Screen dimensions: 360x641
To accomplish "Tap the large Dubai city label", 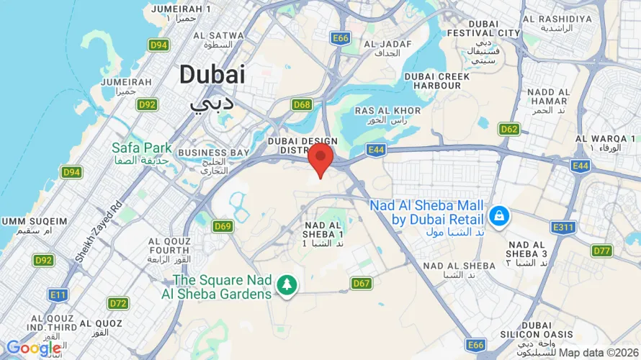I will pos(212,74).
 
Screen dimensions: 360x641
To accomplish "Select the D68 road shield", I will pos(302,105).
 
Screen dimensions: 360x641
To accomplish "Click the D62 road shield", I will pos(509,130).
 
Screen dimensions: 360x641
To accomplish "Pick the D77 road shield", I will pos(601,251).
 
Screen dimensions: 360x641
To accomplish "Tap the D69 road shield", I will pos(223,227).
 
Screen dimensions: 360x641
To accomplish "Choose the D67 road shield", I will pos(362,284).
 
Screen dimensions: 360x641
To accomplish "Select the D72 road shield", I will pos(118,304).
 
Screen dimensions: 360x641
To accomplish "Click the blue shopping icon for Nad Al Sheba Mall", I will pos(498,215).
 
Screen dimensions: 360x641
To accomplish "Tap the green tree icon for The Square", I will pos(288,284).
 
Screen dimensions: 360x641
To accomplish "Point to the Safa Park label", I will pos(142,148).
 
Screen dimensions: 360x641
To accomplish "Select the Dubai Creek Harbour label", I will pos(432,81).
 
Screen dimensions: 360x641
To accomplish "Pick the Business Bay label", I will pos(213,153).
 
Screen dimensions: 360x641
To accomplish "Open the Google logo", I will pos(33,348).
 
